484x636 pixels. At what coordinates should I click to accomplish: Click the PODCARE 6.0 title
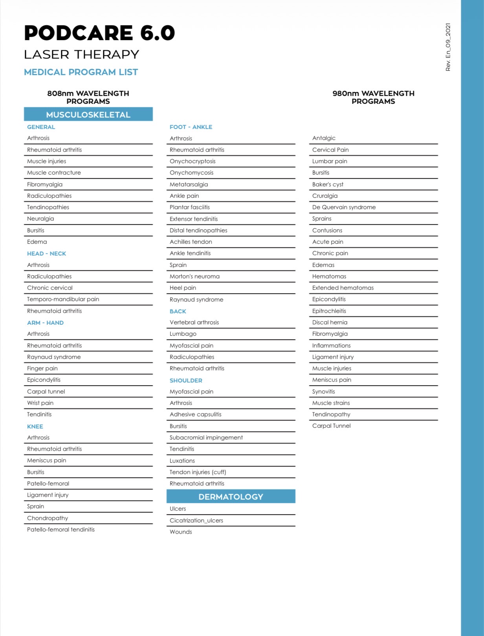point(99,33)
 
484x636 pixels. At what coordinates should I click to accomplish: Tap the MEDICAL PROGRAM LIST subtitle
point(81,72)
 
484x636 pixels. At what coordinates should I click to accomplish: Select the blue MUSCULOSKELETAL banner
point(88,114)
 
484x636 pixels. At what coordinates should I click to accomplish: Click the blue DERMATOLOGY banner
point(231,496)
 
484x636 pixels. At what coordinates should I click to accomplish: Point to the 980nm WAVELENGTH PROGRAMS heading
point(373,97)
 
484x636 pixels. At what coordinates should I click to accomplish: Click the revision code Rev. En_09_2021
point(448,47)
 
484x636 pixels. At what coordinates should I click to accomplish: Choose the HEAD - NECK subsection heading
point(46,254)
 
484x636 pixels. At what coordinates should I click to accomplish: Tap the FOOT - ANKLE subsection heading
point(191,127)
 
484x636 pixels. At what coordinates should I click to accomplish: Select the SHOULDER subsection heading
point(186,380)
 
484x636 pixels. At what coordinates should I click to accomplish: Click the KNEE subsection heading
point(35,426)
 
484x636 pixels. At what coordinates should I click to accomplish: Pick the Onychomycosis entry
point(191,173)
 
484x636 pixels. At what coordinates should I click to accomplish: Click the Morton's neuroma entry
point(194,276)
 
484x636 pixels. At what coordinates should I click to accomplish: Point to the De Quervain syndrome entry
point(344,207)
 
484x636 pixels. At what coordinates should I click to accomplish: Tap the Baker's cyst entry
point(328,184)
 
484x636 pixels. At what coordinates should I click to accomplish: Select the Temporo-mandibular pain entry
point(63,299)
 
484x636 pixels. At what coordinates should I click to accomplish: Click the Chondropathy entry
point(48,518)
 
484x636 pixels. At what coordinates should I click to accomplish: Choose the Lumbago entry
point(183,334)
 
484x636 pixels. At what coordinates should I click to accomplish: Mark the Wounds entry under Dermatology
point(181,532)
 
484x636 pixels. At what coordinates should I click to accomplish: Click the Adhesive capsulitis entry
point(195,414)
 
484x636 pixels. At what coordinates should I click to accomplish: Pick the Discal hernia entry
point(330,322)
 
